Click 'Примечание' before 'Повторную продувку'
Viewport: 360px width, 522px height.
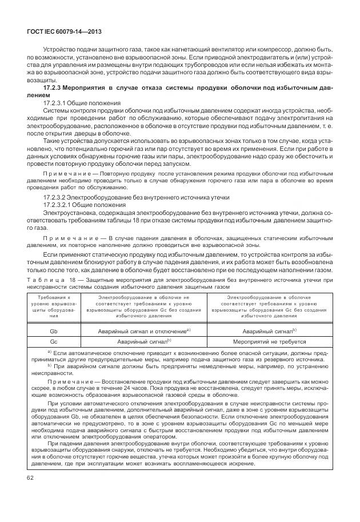coord(63,173)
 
